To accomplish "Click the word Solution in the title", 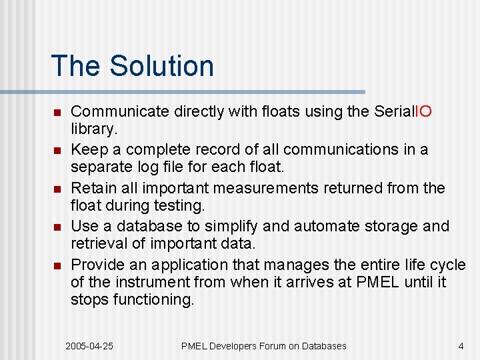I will point(162,66).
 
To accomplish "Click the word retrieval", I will point(96,243).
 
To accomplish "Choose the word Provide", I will point(94,265).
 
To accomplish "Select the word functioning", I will point(153,299).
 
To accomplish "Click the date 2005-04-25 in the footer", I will point(89,346).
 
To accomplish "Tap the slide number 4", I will point(461,346).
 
